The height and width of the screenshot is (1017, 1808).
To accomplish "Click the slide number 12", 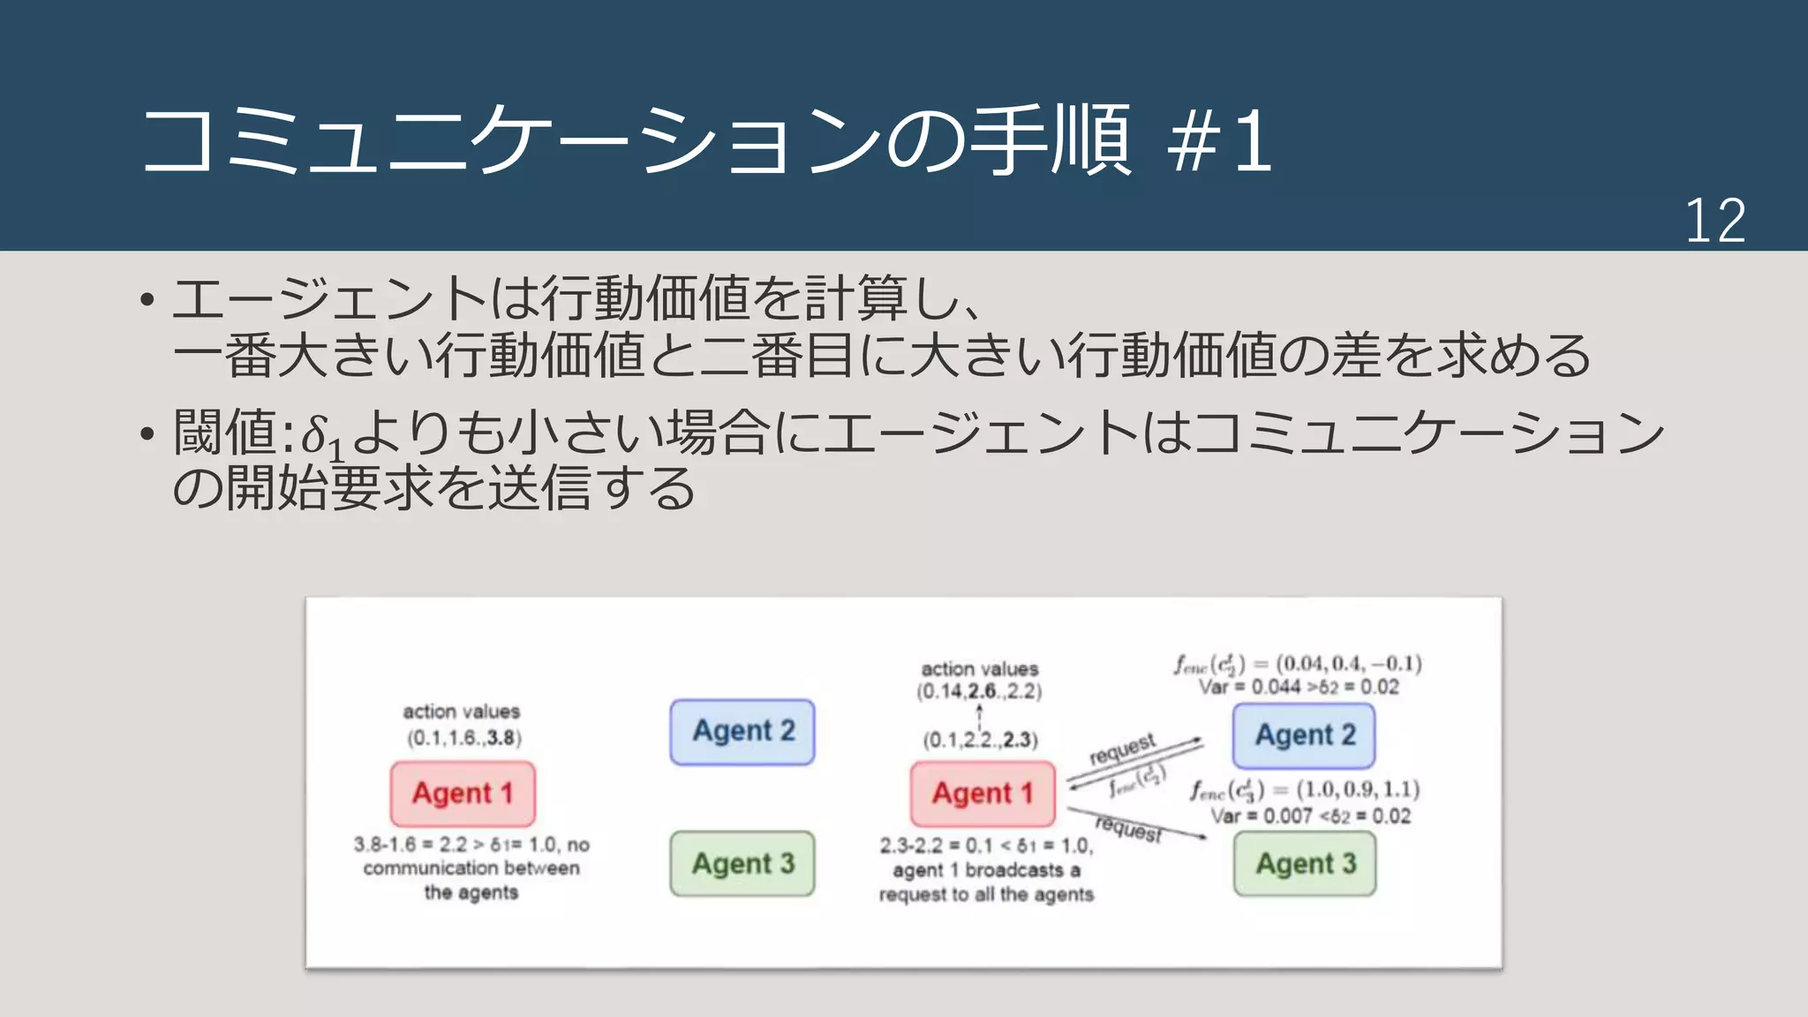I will (1714, 221).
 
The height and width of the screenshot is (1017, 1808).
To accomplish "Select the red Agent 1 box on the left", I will (463, 793).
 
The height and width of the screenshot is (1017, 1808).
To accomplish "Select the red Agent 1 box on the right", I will (983, 793).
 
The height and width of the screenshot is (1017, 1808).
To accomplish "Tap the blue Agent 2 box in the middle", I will (742, 731).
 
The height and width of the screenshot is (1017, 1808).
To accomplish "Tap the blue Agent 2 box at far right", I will (1305, 734).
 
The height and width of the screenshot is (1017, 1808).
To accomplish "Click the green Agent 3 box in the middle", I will (742, 863).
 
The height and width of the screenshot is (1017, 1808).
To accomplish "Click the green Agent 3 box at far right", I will (1305, 863).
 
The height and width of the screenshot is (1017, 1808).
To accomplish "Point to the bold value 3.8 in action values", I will (501, 738).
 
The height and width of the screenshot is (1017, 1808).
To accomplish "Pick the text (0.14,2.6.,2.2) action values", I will (979, 691).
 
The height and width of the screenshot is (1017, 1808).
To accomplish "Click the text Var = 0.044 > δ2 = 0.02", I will (1299, 687).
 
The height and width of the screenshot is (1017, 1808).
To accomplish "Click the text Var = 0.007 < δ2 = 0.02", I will (1310, 816).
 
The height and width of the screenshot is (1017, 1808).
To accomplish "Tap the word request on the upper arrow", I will (1122, 749).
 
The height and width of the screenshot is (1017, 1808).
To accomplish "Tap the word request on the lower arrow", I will (1128, 829).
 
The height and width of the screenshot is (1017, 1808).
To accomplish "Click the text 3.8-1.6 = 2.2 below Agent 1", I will (411, 845).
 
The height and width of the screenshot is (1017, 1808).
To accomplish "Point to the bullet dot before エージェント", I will (147, 300).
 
